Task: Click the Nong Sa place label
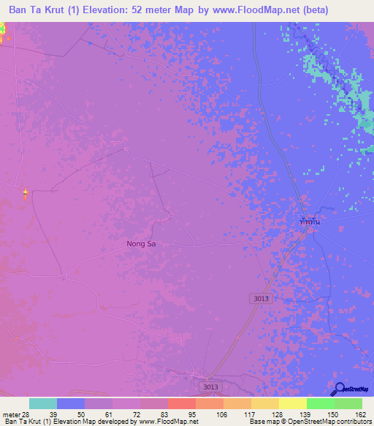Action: tap(141, 244)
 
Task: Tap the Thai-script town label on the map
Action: tap(310, 220)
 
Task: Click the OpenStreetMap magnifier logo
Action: tap(338, 389)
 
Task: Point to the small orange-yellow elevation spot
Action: tap(25, 194)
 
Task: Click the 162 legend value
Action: tap(359, 414)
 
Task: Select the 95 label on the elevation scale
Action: tap(193, 414)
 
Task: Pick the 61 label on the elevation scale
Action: tap(110, 414)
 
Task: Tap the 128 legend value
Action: tap(275, 414)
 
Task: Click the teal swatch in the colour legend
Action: tap(43, 403)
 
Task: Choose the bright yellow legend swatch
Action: tap(292, 403)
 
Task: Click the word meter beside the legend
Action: tap(9, 414)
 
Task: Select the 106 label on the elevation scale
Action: tap(220, 414)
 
